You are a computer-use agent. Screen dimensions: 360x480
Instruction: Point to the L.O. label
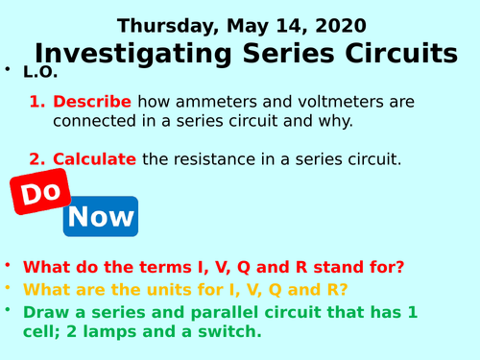tap(40, 73)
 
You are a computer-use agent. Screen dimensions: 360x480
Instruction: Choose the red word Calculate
tap(94, 159)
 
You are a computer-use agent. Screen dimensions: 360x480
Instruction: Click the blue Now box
tap(101, 216)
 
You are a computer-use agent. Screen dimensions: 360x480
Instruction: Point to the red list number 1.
tap(36, 102)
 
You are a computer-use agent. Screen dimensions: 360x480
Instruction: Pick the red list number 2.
tap(36, 159)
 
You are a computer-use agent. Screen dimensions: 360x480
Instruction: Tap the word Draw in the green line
tap(45, 312)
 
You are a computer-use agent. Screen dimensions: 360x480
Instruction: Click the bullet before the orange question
tap(8, 287)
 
